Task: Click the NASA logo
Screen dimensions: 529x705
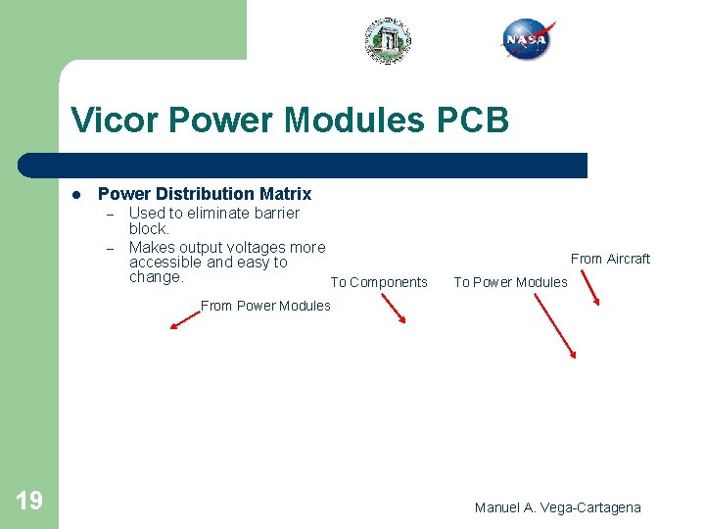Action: [528, 40]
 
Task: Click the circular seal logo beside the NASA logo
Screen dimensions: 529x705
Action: [389, 41]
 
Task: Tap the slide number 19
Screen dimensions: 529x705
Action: [29, 502]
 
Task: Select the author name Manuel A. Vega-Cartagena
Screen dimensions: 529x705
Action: [557, 507]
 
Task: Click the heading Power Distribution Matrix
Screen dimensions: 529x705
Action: [205, 194]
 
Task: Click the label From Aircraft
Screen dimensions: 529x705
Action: [610, 259]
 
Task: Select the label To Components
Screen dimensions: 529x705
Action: [379, 282]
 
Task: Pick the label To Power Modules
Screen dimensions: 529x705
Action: [510, 282]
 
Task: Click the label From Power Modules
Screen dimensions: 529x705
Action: [265, 306]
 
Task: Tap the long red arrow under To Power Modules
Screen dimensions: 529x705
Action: [555, 326]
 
